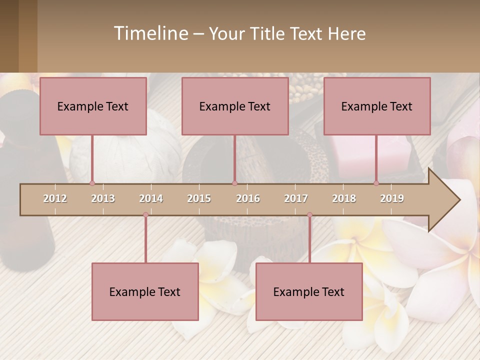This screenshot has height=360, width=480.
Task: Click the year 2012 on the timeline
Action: pos(55,198)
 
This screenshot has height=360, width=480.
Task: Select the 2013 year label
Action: pos(103,198)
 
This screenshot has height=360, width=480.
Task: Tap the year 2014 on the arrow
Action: pos(151,198)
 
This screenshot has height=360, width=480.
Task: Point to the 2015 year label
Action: pos(199,198)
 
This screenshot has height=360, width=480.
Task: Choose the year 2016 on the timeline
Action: pos(248,198)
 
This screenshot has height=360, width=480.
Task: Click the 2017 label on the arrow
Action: pos(296,198)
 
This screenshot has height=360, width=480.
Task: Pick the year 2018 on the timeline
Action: pos(344,198)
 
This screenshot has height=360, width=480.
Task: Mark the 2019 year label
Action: pos(392,198)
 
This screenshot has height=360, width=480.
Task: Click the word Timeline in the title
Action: pos(150,33)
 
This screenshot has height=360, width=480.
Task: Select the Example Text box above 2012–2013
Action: pos(93,106)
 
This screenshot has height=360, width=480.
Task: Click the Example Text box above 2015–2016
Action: pos(235,106)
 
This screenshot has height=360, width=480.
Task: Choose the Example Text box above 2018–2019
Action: pos(377,106)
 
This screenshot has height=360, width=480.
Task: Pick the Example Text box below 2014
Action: pos(145,291)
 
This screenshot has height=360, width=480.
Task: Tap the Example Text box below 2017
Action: pos(309,291)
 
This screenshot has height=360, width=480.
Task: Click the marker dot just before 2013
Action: pos(92,183)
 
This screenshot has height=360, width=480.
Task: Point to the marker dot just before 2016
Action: pos(234,183)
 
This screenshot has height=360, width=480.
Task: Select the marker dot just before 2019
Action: pos(376,183)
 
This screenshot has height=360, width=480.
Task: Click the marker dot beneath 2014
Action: pos(145,215)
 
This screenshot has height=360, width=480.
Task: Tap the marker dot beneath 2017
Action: pos(309,215)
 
